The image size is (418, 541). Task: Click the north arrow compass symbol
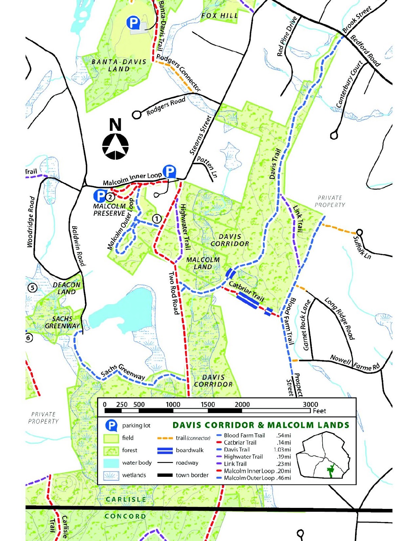(115, 146)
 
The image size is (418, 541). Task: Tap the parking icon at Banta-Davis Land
(133, 23)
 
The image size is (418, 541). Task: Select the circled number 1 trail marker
(157, 219)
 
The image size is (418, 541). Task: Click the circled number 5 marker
(32, 288)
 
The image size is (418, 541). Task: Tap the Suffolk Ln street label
(362, 248)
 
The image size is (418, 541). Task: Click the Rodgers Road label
(166, 106)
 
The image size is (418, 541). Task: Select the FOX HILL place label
(219, 16)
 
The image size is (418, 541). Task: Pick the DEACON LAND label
(67, 288)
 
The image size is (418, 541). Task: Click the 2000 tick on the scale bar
(242, 404)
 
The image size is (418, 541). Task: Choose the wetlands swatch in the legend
(111, 475)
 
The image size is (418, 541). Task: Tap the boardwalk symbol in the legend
(165, 450)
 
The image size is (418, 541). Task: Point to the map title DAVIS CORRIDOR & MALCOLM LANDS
(261, 425)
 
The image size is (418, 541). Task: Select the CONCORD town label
(125, 516)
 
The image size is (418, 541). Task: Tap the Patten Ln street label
(207, 167)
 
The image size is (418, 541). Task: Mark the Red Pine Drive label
(287, 37)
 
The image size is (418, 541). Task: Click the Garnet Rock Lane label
(306, 325)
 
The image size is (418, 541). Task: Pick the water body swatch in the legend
(111, 463)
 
